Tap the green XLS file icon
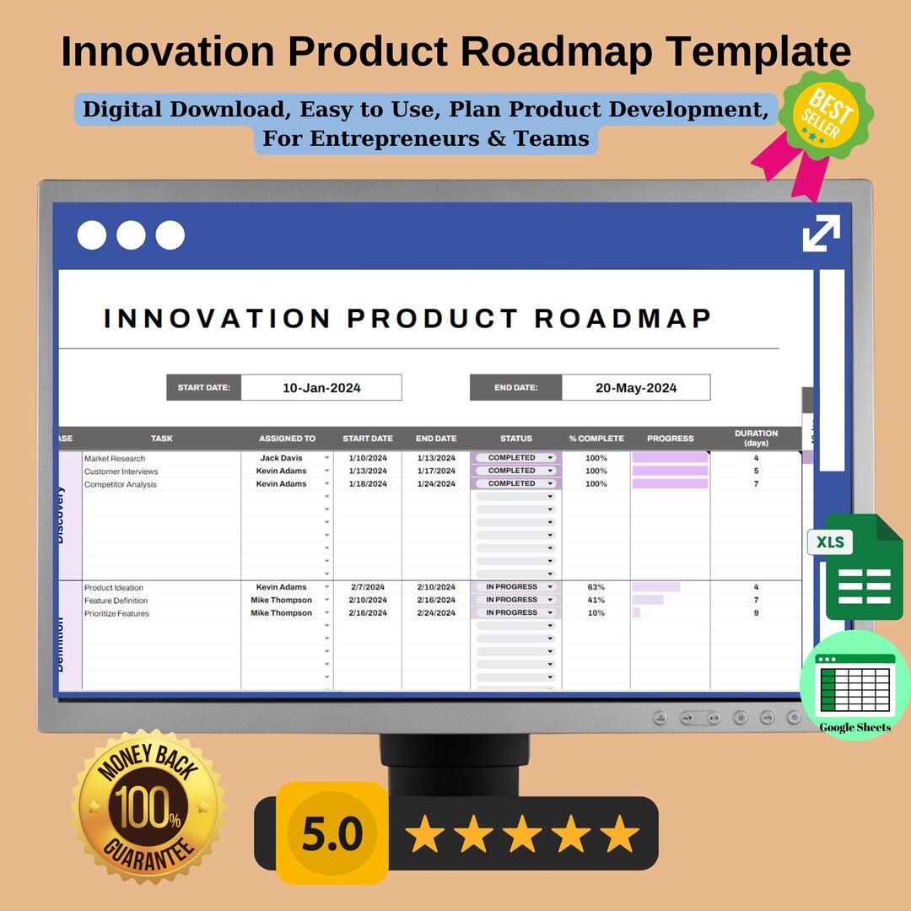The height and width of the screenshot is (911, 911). click(x=852, y=566)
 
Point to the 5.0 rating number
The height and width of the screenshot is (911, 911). click(x=332, y=833)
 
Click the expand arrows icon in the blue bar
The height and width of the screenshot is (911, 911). click(x=821, y=233)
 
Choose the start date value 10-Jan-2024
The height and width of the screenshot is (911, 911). click(x=321, y=388)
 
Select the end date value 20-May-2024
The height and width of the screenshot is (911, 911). click(x=636, y=388)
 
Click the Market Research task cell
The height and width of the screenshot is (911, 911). click(x=115, y=458)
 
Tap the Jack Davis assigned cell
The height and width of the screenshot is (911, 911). click(x=281, y=458)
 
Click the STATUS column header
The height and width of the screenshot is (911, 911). click(x=516, y=439)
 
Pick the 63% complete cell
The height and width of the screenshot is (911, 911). click(x=596, y=587)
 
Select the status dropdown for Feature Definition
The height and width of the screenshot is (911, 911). click(x=516, y=600)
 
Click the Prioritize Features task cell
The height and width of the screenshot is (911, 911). click(x=116, y=613)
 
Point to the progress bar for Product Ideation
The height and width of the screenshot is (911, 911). click(x=656, y=587)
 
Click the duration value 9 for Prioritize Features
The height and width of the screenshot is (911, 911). click(x=756, y=613)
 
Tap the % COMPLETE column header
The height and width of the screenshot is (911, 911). click(x=596, y=439)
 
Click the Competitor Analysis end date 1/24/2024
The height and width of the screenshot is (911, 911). click(x=436, y=484)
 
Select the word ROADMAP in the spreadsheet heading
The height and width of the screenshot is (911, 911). click(x=623, y=319)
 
